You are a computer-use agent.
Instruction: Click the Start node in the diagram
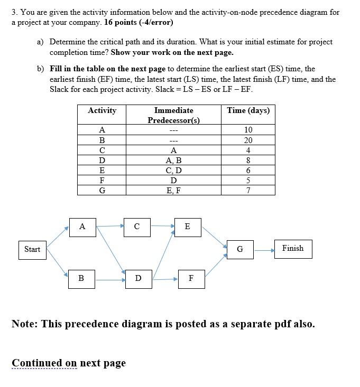tap(32, 249)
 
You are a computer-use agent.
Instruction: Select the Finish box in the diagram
tap(293, 248)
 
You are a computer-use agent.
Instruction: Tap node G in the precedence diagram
tap(240, 249)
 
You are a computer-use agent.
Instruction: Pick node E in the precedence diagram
tap(188, 226)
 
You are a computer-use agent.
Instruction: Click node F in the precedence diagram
tap(191, 278)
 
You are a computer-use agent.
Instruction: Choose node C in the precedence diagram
tap(137, 226)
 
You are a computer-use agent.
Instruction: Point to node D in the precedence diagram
tap(138, 278)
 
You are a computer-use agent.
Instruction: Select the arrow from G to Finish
tap(264, 249)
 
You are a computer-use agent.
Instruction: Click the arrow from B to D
tap(110, 279)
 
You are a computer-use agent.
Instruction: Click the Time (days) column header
tap(248, 110)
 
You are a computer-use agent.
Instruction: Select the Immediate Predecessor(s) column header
tap(173, 115)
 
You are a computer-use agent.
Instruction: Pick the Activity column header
tap(102, 110)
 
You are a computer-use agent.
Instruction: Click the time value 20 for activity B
tap(248, 140)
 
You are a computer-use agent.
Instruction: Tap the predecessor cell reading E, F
tap(173, 191)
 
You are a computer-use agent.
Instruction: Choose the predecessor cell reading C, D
tap(173, 171)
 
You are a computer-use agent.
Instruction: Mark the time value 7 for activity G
tap(248, 191)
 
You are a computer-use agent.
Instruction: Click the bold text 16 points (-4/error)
tap(139, 23)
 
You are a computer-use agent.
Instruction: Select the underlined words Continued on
tap(44, 363)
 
